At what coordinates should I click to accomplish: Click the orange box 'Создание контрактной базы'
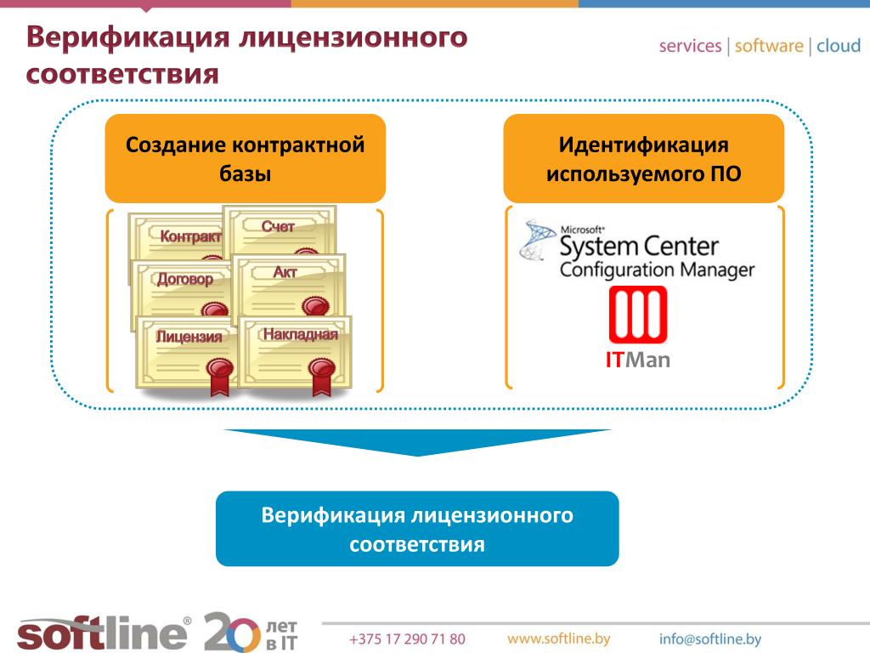tap(245, 158)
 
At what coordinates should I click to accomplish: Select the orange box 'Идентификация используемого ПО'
tap(643, 158)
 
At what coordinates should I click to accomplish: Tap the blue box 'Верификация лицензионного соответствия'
tap(417, 529)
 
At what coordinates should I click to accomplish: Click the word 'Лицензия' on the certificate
tap(189, 337)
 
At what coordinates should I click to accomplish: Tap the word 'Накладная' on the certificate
tap(300, 335)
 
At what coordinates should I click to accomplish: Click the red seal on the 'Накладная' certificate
tap(320, 369)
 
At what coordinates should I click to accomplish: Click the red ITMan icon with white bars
tap(638, 315)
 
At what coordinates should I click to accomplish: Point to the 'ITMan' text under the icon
tap(638, 361)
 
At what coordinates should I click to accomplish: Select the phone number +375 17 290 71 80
tap(407, 639)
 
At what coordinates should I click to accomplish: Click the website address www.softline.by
tap(558, 639)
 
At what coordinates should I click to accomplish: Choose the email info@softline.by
tap(710, 639)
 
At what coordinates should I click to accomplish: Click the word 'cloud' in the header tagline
tap(839, 46)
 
